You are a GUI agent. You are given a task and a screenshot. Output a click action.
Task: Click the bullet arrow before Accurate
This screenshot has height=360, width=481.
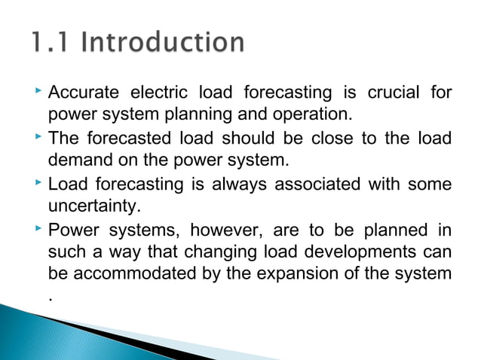pos(38,92)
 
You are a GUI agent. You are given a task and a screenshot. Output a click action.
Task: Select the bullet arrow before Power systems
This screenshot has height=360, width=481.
pos(38,227)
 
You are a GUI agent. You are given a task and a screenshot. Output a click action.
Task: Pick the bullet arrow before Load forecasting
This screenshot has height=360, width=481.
pos(38,182)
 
